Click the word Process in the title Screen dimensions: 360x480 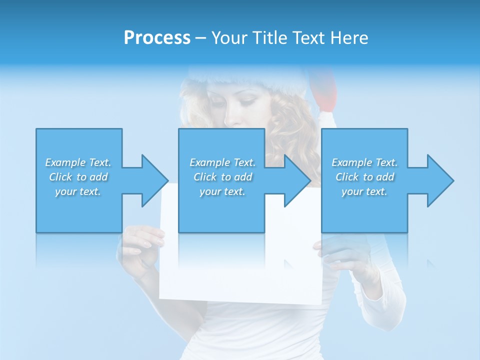tap(157, 38)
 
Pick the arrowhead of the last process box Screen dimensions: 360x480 tap(439, 180)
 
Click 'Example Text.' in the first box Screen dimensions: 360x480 tap(78, 162)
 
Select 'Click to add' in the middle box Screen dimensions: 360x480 tap(222, 177)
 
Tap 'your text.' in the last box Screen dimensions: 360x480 tap(364, 191)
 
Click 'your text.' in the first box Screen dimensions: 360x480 tap(78, 191)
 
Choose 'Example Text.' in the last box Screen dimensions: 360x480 tap(364, 162)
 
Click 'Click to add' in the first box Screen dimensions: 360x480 tap(78, 177)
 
